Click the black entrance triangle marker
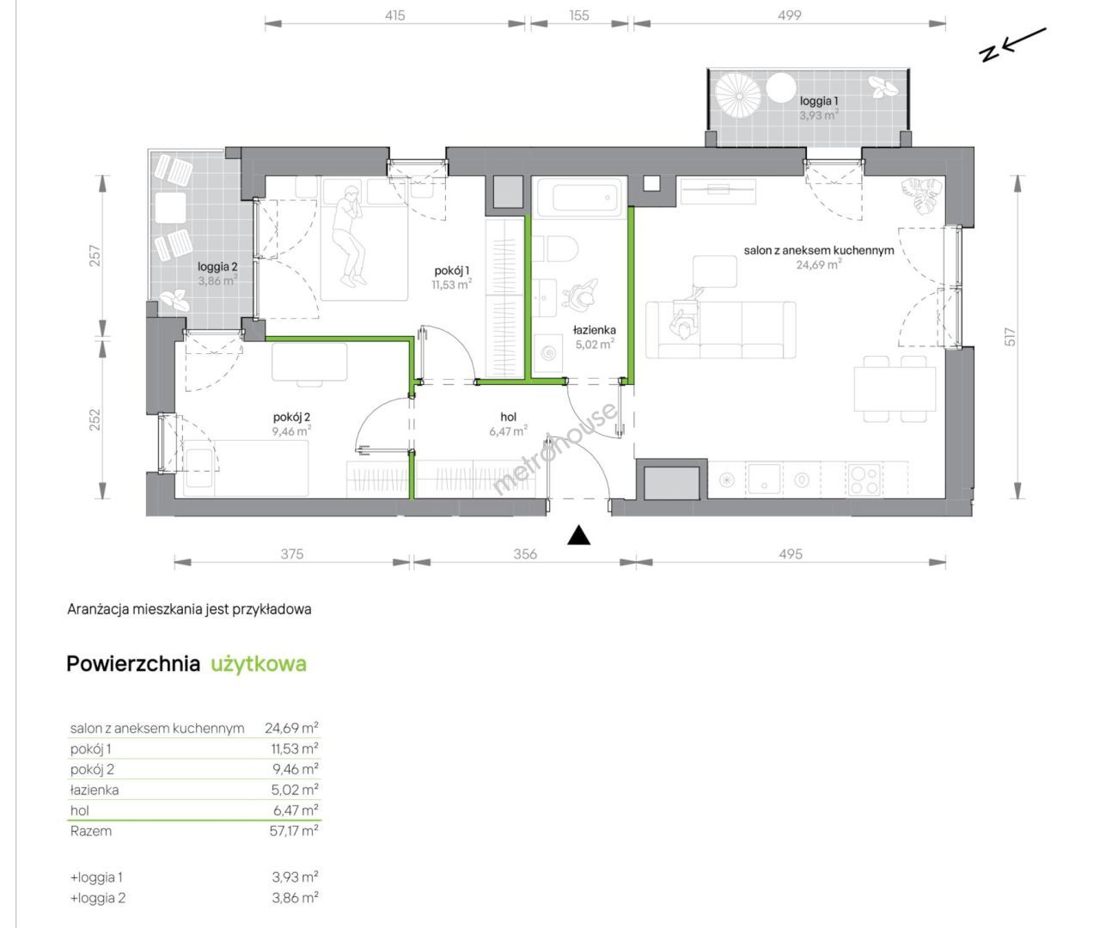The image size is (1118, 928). pyautogui.click(x=579, y=535)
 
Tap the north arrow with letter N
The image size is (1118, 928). pyautogui.click(x=1012, y=45)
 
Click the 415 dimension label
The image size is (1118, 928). pyautogui.click(x=394, y=15)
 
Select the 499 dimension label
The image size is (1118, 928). pyautogui.click(x=789, y=15)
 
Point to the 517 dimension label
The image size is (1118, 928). pyautogui.click(x=1010, y=337)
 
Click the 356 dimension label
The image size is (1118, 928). pyautogui.click(x=525, y=553)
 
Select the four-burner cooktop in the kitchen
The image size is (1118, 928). pyautogui.click(x=864, y=479)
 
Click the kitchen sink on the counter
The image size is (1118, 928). pyautogui.click(x=764, y=479)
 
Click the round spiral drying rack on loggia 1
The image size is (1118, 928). pyautogui.click(x=738, y=96)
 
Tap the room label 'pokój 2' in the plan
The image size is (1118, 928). pyautogui.click(x=291, y=417)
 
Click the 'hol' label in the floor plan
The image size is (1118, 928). pyautogui.click(x=508, y=417)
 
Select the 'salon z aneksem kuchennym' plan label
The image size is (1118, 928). pyautogui.click(x=819, y=250)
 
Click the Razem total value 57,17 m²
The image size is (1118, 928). pyautogui.click(x=294, y=831)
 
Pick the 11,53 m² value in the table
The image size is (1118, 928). pyautogui.click(x=295, y=748)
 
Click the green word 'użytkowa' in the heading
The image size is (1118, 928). pyautogui.click(x=259, y=664)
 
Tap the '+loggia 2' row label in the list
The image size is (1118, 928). pyautogui.click(x=97, y=897)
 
